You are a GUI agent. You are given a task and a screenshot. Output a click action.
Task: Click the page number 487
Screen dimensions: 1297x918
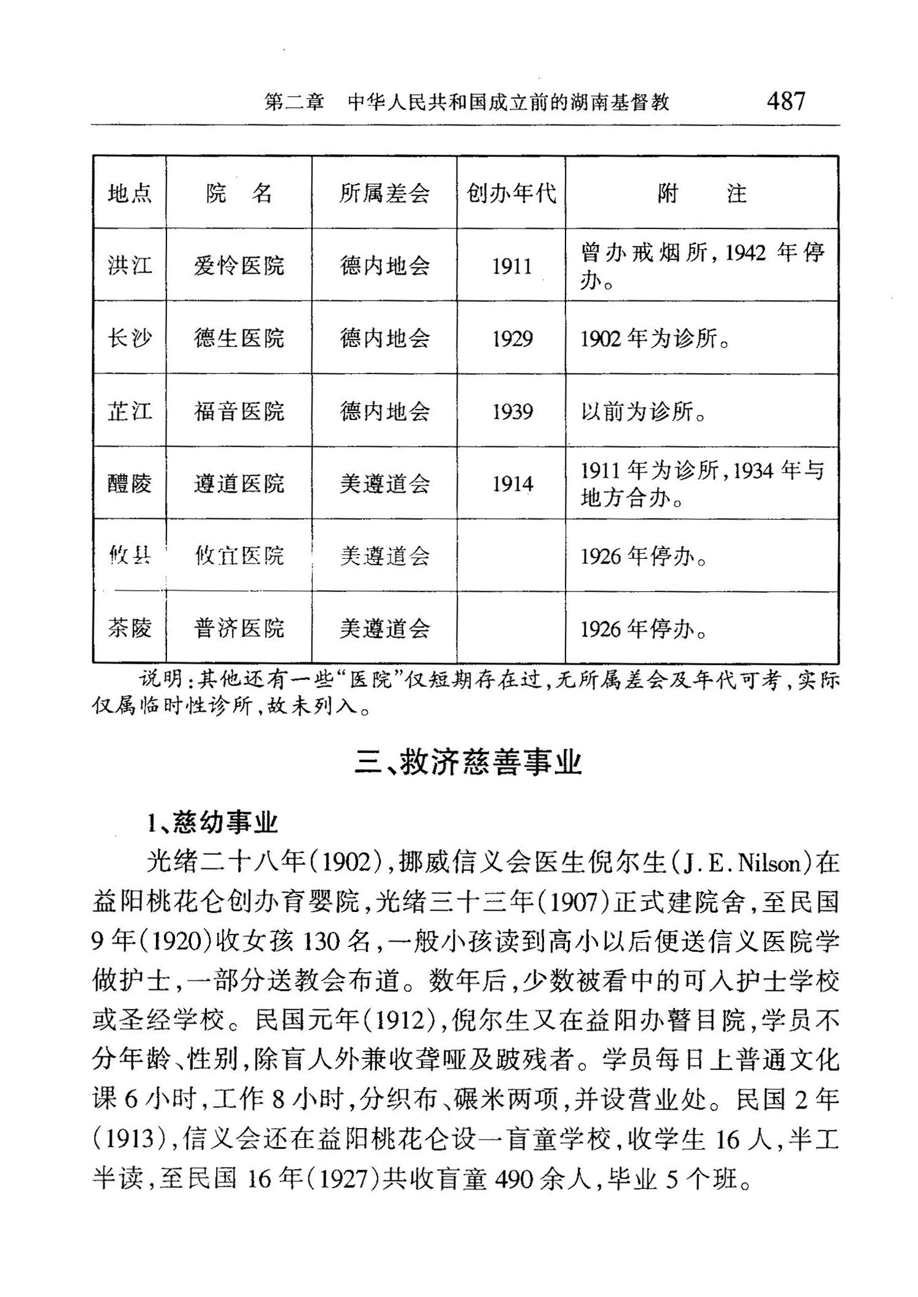(x=786, y=101)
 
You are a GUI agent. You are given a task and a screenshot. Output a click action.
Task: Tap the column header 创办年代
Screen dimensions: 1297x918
(x=511, y=193)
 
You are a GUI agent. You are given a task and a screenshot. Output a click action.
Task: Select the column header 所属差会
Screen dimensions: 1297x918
(x=384, y=193)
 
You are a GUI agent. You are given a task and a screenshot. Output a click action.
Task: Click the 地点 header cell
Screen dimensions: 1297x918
(x=129, y=193)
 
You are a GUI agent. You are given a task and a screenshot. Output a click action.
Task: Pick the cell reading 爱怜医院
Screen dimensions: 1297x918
(x=239, y=266)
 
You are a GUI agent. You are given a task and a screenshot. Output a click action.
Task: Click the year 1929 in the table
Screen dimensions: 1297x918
(x=512, y=338)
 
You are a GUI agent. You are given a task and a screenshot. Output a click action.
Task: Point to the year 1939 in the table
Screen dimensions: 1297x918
(x=512, y=411)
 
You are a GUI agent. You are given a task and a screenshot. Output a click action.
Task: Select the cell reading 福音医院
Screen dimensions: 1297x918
(x=239, y=411)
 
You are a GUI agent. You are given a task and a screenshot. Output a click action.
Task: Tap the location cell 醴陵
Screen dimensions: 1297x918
(x=129, y=484)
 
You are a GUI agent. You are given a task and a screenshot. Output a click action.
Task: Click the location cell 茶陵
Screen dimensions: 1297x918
(x=129, y=629)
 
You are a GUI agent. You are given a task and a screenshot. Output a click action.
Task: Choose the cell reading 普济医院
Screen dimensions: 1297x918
(x=239, y=629)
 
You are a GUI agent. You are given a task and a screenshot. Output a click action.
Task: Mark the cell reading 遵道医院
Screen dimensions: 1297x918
(x=239, y=484)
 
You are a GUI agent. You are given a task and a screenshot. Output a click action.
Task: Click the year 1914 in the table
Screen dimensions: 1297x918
(x=512, y=484)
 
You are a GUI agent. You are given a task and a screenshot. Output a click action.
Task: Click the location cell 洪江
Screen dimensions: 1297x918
(x=129, y=266)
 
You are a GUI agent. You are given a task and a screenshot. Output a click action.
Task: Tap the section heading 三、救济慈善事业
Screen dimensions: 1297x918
(x=468, y=763)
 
